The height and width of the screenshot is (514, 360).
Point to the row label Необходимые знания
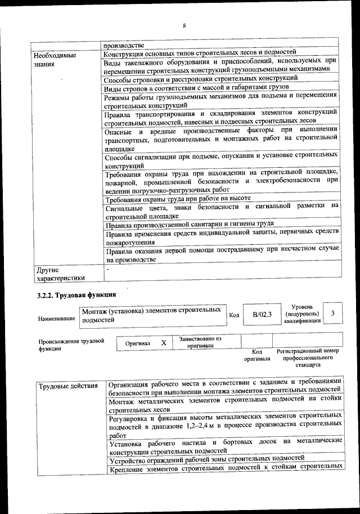coord(54,60)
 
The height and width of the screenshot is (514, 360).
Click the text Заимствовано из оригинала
coord(200,342)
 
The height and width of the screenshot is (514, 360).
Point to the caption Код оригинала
coord(257,355)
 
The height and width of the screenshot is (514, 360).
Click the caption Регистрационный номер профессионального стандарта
coord(308,357)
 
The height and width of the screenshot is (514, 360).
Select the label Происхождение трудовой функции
coord(71,345)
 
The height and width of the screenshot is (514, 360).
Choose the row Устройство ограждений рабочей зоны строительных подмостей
coord(206,458)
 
